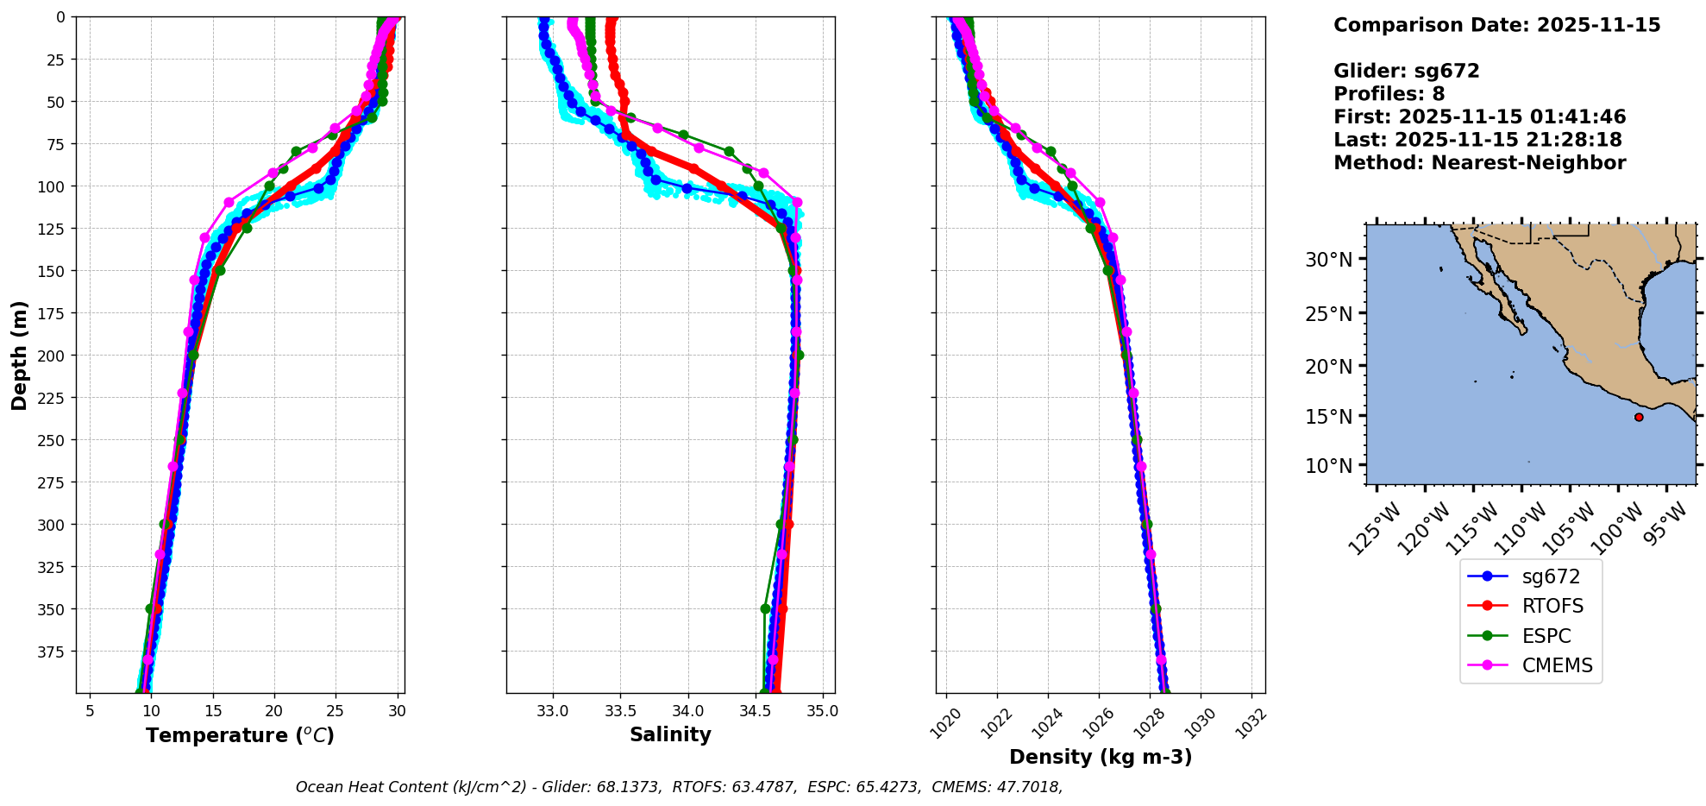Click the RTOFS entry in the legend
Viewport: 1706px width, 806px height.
pos(1552,606)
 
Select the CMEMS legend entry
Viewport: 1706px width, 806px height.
pos(1557,665)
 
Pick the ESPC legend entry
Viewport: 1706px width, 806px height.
pos(1546,636)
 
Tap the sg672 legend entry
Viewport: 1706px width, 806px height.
pos(1551,576)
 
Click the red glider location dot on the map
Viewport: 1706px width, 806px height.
pos(1639,418)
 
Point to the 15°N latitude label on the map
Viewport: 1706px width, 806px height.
pos(1328,416)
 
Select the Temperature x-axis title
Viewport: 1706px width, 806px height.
pos(240,735)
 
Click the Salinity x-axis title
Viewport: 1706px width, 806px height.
pos(670,735)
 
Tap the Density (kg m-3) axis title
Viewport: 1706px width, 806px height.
pos(1101,757)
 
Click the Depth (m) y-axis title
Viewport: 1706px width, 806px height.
pos(19,355)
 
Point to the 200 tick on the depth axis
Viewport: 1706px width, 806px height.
pos(55,356)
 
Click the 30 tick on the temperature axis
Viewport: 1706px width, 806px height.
pos(397,712)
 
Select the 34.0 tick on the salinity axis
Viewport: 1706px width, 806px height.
pos(687,712)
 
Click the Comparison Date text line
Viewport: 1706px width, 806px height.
pos(1496,25)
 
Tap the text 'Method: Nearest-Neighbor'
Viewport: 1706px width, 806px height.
pos(1479,163)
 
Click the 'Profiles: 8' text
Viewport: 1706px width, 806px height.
pos(1389,94)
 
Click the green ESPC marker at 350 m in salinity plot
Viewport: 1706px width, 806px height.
pos(765,608)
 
